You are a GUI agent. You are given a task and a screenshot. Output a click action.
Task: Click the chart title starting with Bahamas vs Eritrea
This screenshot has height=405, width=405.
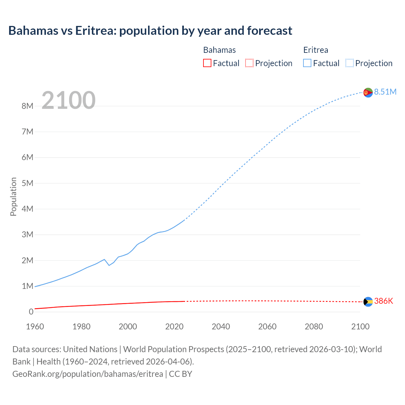(x=150, y=31)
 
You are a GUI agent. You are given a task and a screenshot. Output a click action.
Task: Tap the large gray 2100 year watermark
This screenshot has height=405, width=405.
(x=68, y=100)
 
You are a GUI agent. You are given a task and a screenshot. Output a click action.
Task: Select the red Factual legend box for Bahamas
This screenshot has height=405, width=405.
(x=207, y=63)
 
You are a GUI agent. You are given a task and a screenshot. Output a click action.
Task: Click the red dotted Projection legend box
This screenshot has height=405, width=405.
(x=249, y=63)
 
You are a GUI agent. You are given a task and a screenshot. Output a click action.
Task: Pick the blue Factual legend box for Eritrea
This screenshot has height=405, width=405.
(x=307, y=63)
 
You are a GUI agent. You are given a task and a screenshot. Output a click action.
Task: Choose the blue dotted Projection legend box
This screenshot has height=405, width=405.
(x=349, y=63)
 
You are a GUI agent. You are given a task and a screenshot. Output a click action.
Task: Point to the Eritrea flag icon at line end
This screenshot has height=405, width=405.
(x=368, y=92)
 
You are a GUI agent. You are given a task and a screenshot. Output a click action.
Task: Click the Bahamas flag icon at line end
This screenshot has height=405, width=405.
(x=368, y=302)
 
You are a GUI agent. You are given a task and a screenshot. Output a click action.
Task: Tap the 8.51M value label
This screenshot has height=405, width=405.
(x=385, y=92)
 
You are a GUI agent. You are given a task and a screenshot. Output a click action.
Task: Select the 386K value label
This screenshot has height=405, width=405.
(x=383, y=301)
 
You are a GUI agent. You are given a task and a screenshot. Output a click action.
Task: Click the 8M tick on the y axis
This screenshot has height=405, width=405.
(x=28, y=106)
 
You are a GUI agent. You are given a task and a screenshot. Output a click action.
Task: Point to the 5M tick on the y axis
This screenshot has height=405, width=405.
(x=28, y=183)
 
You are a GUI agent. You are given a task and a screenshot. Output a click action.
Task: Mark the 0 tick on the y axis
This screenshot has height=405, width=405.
(x=31, y=312)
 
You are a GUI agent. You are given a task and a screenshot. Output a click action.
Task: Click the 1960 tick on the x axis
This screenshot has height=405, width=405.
(x=35, y=327)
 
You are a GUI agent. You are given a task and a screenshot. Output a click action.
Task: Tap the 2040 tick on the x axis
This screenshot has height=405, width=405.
(x=221, y=327)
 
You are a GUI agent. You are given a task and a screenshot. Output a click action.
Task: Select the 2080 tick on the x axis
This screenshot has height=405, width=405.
(x=314, y=327)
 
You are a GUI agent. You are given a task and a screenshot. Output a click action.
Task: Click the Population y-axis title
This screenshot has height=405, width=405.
(x=13, y=196)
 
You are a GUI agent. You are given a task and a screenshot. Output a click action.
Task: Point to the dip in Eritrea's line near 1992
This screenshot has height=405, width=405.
(x=109, y=265)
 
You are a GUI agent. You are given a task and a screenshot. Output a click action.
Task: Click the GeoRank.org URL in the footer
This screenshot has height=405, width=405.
(x=88, y=374)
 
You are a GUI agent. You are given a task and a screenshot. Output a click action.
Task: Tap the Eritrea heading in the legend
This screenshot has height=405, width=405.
(x=315, y=50)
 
